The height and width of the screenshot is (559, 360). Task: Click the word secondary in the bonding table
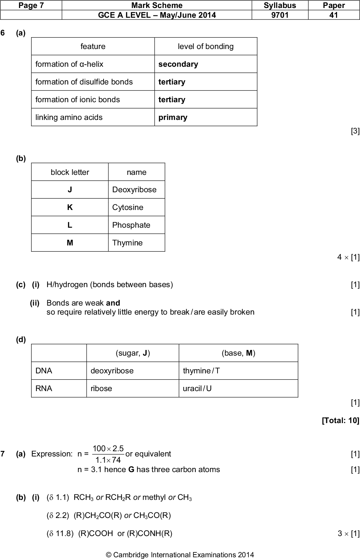pyautogui.click(x=178, y=64)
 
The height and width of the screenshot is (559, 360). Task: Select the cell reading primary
pyautogui.click(x=173, y=117)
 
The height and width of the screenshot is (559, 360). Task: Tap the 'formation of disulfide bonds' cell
pyautogui.click(x=84, y=82)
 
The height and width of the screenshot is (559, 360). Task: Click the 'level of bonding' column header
pyautogui.click(x=206, y=47)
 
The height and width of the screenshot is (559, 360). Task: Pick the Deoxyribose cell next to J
pyautogui.click(x=134, y=190)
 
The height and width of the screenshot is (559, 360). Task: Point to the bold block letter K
pyautogui.click(x=70, y=208)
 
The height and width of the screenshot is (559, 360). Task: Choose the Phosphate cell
pyautogui.click(x=131, y=225)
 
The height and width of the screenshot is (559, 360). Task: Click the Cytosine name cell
pyautogui.click(x=128, y=208)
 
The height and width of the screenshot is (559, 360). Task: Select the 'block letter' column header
pyautogui.click(x=70, y=172)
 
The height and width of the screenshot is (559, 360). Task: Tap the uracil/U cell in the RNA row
pyautogui.click(x=197, y=388)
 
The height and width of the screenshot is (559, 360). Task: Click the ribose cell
pyautogui.click(x=101, y=388)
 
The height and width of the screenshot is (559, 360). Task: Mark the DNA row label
pyautogui.click(x=44, y=371)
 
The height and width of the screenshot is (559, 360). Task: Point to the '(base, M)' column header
pyautogui.click(x=238, y=353)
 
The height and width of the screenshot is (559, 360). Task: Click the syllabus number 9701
pyautogui.click(x=280, y=15)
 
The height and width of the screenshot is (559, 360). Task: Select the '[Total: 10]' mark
pyautogui.click(x=341, y=421)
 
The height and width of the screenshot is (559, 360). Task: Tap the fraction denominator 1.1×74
pyautogui.click(x=108, y=460)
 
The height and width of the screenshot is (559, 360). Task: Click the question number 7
pyautogui.click(x=3, y=454)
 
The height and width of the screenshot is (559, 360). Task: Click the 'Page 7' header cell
pyautogui.click(x=31, y=5)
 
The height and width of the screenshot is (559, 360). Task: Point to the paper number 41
pyautogui.click(x=334, y=15)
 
